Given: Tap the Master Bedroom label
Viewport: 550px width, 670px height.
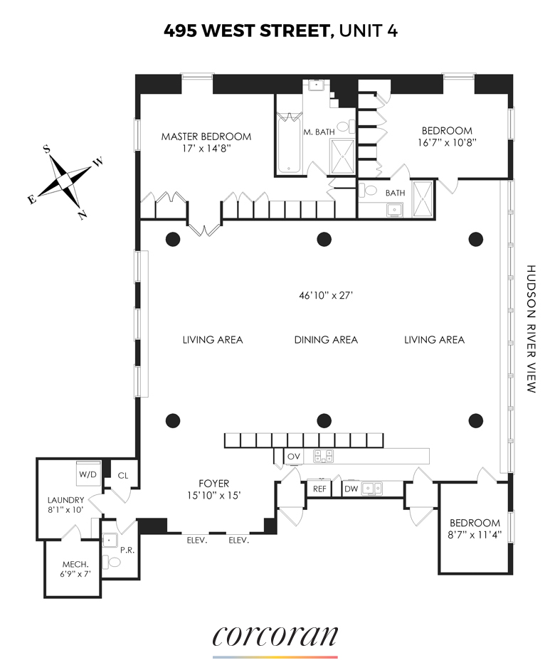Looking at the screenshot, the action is point(206,137).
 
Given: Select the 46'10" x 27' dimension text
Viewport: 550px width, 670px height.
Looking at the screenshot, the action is point(326,295).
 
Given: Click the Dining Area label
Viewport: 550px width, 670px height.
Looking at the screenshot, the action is point(326,340).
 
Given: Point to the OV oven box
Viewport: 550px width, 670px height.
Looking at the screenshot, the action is point(294,457).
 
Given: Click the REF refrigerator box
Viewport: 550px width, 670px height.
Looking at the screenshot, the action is point(319,489).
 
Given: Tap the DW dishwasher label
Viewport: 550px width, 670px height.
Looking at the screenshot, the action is point(351,489).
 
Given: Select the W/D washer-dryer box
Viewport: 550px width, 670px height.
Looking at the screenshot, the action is point(88,474).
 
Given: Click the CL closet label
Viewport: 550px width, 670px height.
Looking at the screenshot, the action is point(123,476).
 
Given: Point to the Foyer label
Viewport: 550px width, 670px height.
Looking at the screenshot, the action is point(213,484).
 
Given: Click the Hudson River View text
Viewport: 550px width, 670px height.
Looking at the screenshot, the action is point(530,329).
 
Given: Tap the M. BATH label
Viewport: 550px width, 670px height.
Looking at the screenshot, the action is point(319,132).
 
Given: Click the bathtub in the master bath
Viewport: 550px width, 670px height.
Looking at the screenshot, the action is point(288,143).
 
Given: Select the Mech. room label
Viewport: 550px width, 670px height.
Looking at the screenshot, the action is point(75,565).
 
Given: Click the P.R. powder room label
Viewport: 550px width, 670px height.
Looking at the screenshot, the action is point(127,551).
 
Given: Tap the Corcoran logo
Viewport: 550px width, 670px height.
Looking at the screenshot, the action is point(275,636).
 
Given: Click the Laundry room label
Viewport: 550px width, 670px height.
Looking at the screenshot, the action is point(65,500).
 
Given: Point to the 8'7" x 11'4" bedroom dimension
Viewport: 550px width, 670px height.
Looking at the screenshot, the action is point(475,535).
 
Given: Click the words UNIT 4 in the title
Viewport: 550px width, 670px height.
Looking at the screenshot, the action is point(369,31).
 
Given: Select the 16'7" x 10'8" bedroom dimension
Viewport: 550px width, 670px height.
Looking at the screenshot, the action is point(447,142).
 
